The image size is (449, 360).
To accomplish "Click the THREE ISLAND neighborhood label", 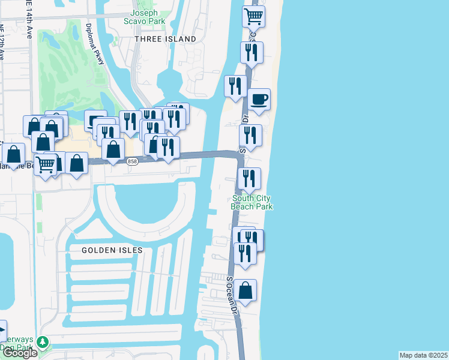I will point(165,39).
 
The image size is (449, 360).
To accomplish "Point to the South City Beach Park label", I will point(252,202).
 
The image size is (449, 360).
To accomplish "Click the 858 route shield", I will point(133,161).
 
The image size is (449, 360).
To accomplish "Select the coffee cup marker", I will point(259,100).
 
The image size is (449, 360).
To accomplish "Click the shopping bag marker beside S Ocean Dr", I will point(245,291).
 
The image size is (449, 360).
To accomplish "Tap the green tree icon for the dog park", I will point(42,342).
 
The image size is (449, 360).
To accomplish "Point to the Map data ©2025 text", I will point(423,355).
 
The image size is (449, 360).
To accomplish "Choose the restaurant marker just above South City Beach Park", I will point(249,179).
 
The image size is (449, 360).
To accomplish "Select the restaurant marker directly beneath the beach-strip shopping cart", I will point(251,53).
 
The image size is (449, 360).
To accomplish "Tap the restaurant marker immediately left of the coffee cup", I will point(235,86).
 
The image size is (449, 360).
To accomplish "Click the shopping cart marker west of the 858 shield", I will point(46,164).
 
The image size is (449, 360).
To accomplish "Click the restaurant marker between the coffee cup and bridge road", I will point(250,136).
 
